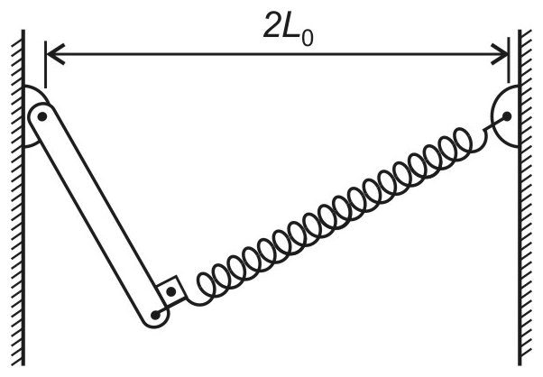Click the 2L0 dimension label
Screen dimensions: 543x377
tap(288, 29)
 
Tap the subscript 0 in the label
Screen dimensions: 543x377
tap(308, 38)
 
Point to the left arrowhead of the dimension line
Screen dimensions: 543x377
tap(55, 54)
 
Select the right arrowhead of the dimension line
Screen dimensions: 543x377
tap(499, 54)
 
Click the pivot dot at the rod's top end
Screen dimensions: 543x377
tap(42, 116)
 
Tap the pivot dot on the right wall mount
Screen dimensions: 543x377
tap(507, 116)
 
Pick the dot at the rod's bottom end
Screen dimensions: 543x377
tap(155, 315)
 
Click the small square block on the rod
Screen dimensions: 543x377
tap(171, 291)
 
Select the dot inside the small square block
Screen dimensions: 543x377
tap(171, 292)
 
